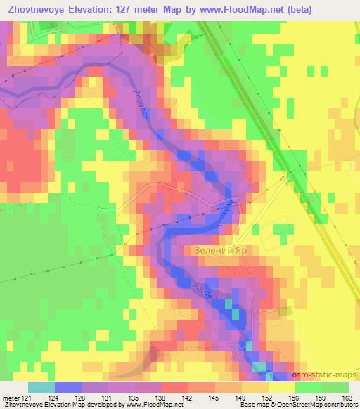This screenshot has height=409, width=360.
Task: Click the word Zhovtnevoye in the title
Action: [x=43, y=8]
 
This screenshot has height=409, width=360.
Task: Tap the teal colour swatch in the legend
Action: [x=41, y=387]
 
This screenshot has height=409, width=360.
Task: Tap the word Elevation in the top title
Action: [x=99, y=8]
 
